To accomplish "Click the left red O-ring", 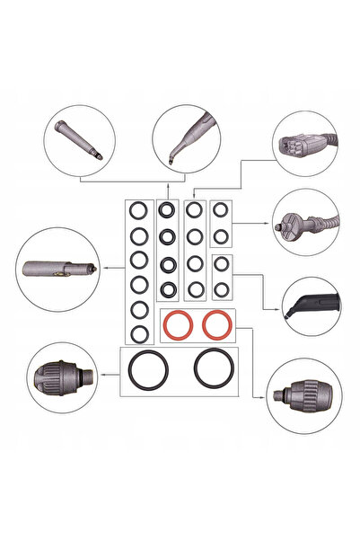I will pyautogui.click(x=177, y=324).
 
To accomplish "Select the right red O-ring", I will pyautogui.click(x=216, y=324).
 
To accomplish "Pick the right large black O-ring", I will pyautogui.click(x=215, y=367).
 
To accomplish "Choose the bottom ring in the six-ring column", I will pyautogui.click(x=138, y=333).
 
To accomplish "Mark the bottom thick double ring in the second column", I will pyautogui.click(x=167, y=289).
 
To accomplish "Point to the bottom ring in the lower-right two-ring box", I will pyautogui.click(x=221, y=289).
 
